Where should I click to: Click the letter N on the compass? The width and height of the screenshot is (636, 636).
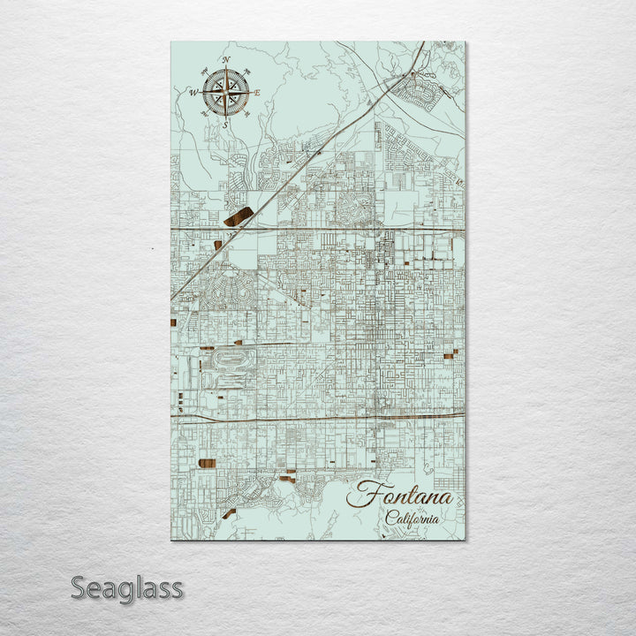(226, 59)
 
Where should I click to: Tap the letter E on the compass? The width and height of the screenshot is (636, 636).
(257, 93)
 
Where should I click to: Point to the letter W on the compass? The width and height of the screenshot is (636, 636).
(193, 91)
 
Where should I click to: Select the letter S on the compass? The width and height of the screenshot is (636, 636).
(224, 124)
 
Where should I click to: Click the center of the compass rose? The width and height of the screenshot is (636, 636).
(225, 92)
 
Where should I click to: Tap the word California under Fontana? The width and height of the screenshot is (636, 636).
(411, 519)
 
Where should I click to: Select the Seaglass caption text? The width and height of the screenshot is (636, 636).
(127, 587)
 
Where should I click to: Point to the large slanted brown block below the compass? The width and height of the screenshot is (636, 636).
(238, 216)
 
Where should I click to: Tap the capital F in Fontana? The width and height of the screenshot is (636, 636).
(360, 495)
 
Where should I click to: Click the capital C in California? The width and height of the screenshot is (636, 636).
(390, 519)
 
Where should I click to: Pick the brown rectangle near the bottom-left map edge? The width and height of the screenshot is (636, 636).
(208, 463)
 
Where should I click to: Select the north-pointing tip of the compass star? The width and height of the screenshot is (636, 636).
(225, 69)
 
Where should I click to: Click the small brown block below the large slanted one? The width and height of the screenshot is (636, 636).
(217, 245)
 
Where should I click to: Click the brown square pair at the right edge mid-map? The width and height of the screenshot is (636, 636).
(450, 354)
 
